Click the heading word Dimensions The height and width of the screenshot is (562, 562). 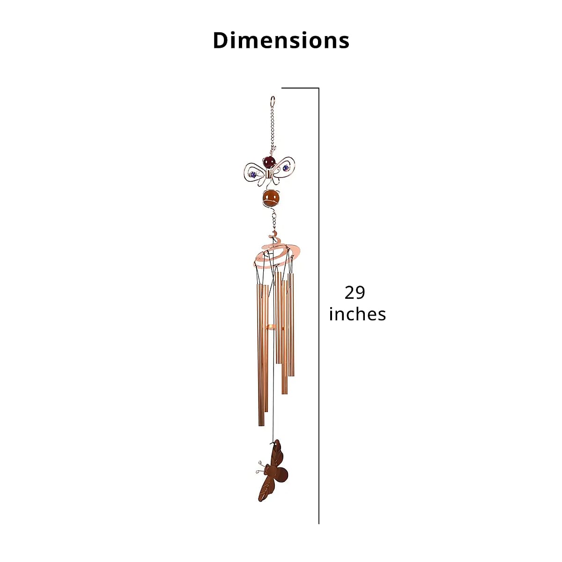click(x=281, y=40)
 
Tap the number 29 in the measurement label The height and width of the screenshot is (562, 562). click(x=355, y=293)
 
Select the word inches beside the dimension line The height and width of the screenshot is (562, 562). click(x=357, y=314)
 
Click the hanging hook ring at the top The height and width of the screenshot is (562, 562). click(x=273, y=102)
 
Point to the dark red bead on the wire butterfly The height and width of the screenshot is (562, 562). click(x=269, y=162)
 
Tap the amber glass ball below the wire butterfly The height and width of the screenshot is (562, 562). click(x=271, y=197)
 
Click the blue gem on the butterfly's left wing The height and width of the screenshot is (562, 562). click(x=253, y=175)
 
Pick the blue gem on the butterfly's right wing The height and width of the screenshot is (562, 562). click(x=286, y=168)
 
